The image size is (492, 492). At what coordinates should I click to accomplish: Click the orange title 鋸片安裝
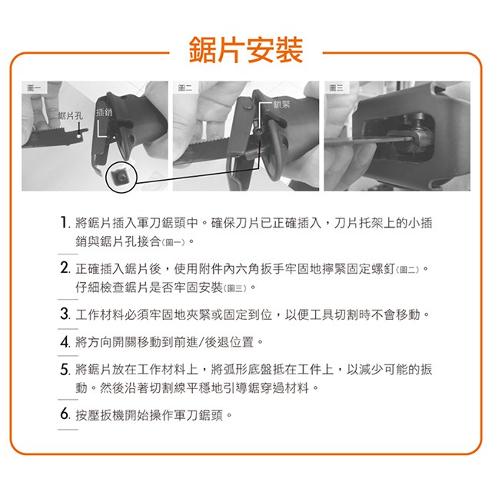[x=246, y=49]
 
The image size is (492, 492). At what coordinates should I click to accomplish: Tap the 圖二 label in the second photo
[x=185, y=88]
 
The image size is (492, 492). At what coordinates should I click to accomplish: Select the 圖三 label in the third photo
[x=336, y=88]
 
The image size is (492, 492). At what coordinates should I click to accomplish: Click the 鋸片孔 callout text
[x=70, y=116]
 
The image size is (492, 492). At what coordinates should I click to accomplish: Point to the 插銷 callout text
[x=104, y=112]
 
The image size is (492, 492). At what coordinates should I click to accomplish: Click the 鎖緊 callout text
[x=282, y=105]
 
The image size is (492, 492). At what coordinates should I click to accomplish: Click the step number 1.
[x=64, y=222]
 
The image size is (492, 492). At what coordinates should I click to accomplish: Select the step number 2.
[x=65, y=268]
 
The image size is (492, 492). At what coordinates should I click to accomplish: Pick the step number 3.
[x=65, y=314]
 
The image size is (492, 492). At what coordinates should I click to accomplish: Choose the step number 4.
[x=65, y=341]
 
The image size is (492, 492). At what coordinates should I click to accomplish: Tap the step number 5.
[x=65, y=369]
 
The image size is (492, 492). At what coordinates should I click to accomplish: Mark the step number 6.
[x=65, y=414]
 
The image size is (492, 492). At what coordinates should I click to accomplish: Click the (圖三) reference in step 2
[x=236, y=288]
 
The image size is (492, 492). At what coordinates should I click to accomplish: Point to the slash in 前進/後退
[x=201, y=341]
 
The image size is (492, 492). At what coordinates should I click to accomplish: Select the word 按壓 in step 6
[x=87, y=415]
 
